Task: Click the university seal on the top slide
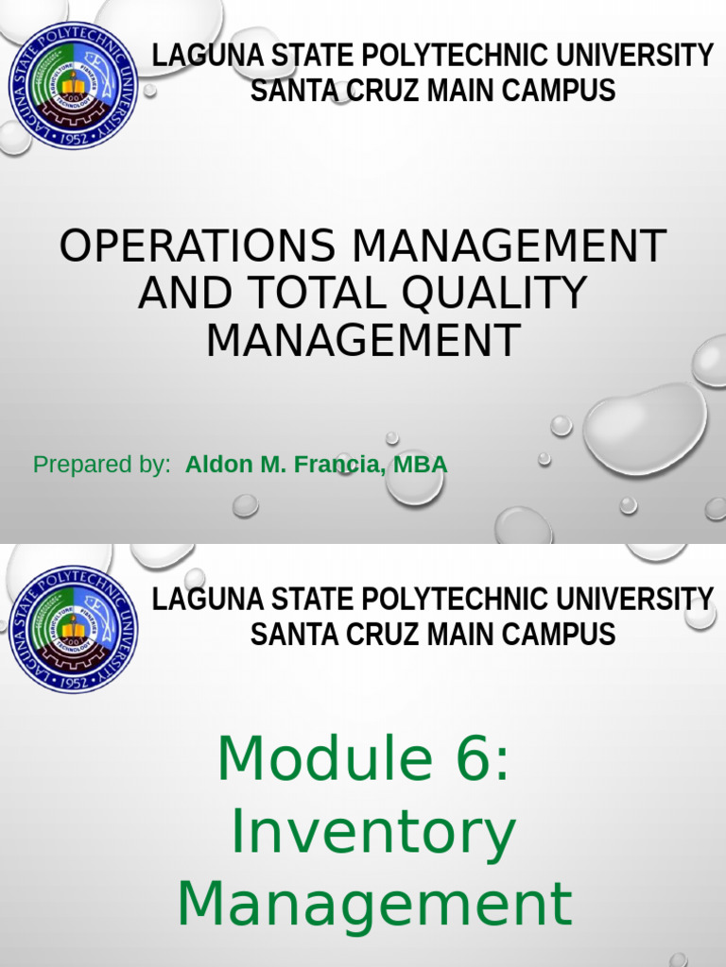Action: (72, 86)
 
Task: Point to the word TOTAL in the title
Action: (319, 293)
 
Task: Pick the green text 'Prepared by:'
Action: (101, 465)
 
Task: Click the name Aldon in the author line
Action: (215, 465)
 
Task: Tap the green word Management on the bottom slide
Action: (374, 903)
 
